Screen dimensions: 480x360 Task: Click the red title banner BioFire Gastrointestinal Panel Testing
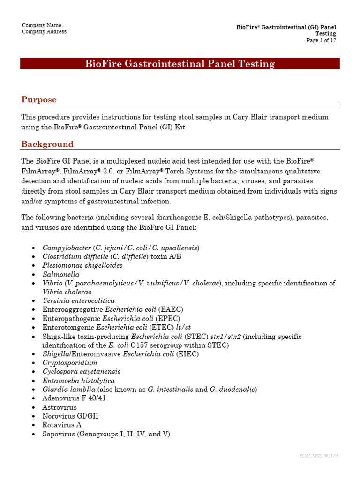click(x=180, y=64)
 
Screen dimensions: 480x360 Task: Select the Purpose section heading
click(x=39, y=99)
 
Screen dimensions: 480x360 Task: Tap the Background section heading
click(x=47, y=144)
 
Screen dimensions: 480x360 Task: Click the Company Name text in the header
click(x=42, y=25)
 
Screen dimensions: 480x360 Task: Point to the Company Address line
click(x=44, y=32)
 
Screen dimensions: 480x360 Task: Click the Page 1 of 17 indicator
click(x=321, y=40)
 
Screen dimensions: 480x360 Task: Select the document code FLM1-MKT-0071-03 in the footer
click(x=319, y=456)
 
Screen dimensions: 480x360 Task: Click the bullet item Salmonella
click(x=61, y=274)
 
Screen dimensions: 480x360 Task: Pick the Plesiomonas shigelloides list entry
click(x=82, y=265)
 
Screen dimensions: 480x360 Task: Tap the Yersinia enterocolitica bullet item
click(x=78, y=301)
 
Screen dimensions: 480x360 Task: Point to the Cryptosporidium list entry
click(x=70, y=363)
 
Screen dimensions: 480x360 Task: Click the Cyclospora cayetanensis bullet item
click(x=81, y=372)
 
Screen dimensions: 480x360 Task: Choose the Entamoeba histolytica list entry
click(x=78, y=381)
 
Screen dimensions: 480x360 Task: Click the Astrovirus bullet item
click(x=60, y=407)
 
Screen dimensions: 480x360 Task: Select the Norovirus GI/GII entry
click(x=70, y=416)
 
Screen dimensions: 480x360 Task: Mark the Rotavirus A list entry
click(x=62, y=425)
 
